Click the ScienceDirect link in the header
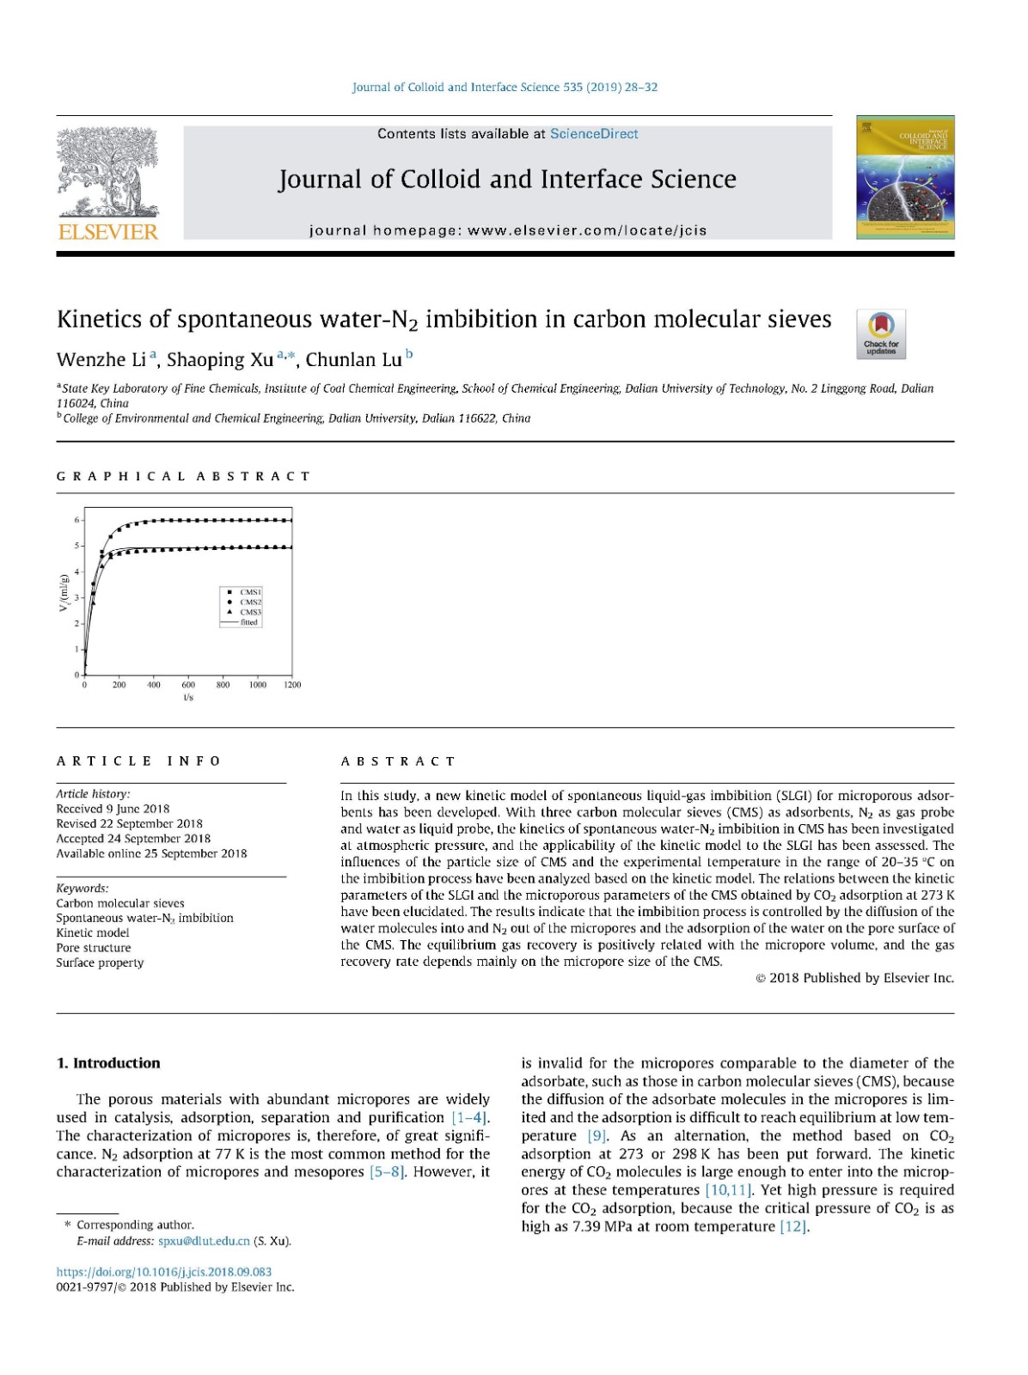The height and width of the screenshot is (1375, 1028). click(x=593, y=133)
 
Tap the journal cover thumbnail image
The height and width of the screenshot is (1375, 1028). click(x=905, y=177)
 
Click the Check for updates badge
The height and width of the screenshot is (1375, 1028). click(x=881, y=334)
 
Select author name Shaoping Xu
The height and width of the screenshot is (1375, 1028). click(x=220, y=359)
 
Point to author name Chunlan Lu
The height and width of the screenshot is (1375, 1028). click(x=353, y=359)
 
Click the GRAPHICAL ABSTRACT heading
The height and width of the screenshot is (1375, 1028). click(x=183, y=476)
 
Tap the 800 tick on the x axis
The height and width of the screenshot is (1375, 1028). click(x=223, y=685)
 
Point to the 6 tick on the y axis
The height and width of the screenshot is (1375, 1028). click(x=76, y=520)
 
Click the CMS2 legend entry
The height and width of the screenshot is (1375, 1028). click(x=250, y=602)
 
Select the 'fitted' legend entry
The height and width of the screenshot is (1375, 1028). click(x=248, y=622)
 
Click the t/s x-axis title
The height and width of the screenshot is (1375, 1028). click(x=188, y=697)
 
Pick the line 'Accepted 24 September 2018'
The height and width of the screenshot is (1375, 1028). click(x=133, y=839)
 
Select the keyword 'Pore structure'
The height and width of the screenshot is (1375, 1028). click(x=94, y=948)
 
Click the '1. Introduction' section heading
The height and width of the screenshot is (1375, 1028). click(x=108, y=1063)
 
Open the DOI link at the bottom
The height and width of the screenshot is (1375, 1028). click(x=164, y=1272)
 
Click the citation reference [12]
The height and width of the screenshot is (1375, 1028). click(x=794, y=1226)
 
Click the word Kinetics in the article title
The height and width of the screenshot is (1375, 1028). click(x=99, y=320)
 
